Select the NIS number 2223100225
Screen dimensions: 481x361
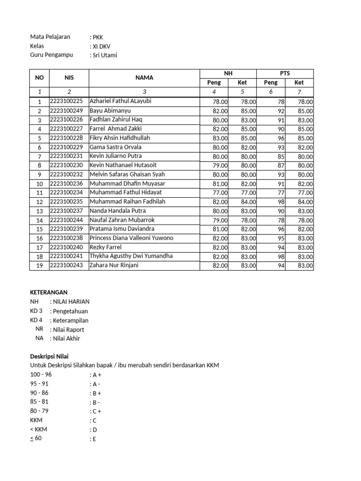tap(66, 101)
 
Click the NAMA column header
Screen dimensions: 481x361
tap(144, 78)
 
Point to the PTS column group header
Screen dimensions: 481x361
tap(284, 73)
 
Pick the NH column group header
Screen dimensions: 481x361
tap(228, 73)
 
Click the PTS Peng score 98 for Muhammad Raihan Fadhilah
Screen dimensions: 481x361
tap(281, 202)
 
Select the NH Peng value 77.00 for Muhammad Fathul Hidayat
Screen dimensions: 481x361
tap(220, 193)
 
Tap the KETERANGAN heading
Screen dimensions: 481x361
tap(49, 292)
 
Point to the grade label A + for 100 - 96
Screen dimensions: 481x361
tap(97, 375)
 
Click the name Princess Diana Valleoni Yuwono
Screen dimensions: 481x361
tap(131, 238)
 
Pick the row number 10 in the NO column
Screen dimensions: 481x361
tap(39, 184)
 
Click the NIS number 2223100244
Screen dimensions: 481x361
tap(66, 220)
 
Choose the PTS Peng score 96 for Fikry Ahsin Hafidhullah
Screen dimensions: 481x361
tap(281, 138)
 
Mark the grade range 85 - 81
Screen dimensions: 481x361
tap(39, 402)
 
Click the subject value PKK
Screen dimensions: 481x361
tap(98, 37)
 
